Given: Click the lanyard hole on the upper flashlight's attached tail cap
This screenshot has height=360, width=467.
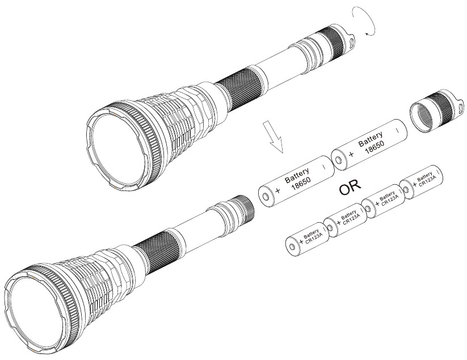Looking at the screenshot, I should [352, 41].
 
